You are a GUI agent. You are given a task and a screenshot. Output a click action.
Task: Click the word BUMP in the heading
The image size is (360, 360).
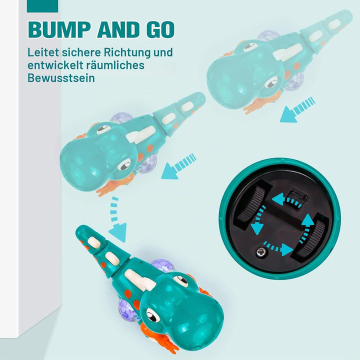pos(58,29)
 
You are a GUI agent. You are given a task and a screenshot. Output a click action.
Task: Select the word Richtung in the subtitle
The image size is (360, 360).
pos(126,53)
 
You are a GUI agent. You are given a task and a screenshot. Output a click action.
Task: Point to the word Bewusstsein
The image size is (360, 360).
pos(61,78)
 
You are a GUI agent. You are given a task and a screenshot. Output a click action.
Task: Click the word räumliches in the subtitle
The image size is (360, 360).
pos(115,65)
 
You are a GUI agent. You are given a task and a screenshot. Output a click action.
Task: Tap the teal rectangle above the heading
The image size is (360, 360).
pos(42,6)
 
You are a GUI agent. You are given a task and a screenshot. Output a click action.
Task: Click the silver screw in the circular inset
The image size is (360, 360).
pos(261,252)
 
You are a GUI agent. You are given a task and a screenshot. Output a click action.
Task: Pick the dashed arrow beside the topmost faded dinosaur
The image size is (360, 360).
pos(297,109)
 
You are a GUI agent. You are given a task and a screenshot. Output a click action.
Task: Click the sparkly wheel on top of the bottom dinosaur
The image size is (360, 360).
pos(162,266)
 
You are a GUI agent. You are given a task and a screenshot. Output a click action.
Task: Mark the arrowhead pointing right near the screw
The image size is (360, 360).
pos(287,249)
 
